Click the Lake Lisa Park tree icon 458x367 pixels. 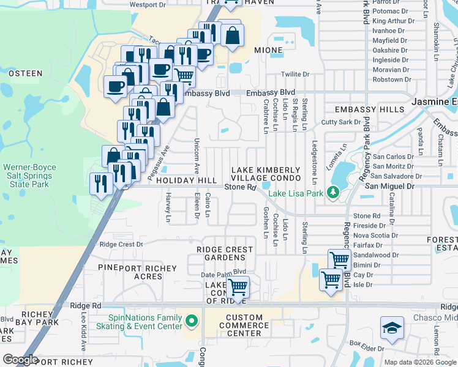333,193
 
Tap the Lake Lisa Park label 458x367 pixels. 296,195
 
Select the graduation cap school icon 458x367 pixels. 392,328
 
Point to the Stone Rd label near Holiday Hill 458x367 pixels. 239,187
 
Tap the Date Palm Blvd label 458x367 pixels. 223,272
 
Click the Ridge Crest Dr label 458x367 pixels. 121,244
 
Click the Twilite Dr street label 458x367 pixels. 296,75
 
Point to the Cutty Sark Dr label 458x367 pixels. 341,122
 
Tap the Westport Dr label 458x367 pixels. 148,4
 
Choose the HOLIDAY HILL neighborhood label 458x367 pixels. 186,181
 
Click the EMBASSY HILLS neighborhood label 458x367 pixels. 370,109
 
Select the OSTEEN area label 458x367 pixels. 25,73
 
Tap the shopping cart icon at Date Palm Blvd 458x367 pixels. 238,286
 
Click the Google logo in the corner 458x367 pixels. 20,360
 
